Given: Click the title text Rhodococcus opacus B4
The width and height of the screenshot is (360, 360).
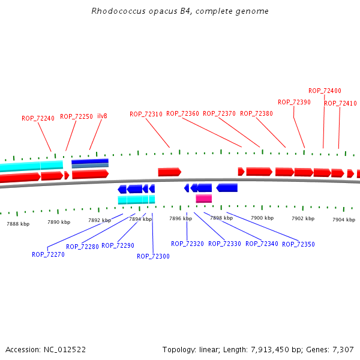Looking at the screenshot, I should (180, 11).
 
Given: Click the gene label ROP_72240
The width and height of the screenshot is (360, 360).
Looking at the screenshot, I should (38, 118).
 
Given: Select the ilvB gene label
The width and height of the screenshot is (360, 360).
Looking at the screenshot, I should (102, 116).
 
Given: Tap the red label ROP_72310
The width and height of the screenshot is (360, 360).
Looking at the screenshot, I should (146, 114).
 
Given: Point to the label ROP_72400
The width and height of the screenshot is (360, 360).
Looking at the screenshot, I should (325, 91).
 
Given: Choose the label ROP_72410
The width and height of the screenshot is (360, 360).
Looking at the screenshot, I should (340, 103).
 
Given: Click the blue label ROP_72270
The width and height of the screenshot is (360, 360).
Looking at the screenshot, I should (48, 254).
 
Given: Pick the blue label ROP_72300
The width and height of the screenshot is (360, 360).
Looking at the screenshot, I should (153, 256).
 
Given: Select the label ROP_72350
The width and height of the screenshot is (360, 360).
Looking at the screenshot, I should (298, 244).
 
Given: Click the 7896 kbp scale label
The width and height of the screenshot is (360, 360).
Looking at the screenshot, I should (181, 218).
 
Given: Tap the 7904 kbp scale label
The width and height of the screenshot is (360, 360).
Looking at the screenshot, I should (343, 220).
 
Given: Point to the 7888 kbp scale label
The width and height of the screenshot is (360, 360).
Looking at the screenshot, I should (18, 224).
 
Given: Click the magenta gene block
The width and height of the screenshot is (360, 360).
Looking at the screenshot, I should (203, 199).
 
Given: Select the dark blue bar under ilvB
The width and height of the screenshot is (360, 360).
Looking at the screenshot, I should (90, 161).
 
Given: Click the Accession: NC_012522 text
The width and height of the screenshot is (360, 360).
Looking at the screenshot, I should (46, 349).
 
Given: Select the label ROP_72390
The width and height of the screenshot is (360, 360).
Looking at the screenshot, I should (294, 102).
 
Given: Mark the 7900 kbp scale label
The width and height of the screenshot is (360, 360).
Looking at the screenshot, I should (262, 218).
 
